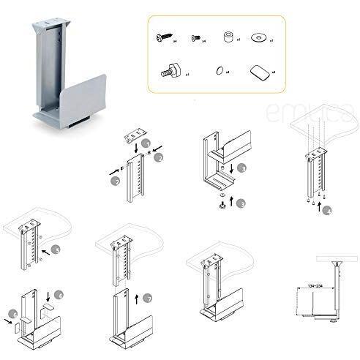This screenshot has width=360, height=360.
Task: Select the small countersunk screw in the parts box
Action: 196,37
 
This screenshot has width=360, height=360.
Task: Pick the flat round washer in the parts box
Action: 258,37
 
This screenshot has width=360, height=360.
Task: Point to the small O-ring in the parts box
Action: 217,72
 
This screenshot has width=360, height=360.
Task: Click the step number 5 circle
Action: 56,250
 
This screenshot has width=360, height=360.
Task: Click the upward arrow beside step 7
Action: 137,300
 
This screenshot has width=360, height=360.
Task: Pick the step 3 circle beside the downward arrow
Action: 242,167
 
